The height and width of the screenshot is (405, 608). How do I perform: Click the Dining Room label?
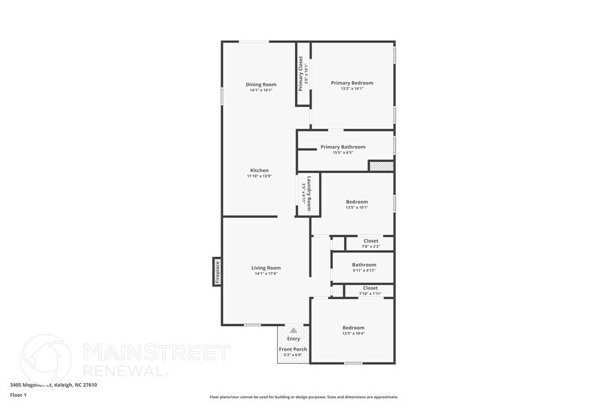pyautogui.click(x=261, y=85)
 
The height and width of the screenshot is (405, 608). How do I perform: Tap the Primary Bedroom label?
pyautogui.click(x=352, y=83)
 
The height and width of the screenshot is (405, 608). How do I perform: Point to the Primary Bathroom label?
pyautogui.click(x=343, y=147)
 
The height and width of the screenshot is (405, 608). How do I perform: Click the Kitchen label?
pyautogui.click(x=259, y=170)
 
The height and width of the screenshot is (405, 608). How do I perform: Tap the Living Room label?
pyautogui.click(x=265, y=268)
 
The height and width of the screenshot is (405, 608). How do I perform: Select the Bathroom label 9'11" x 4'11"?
pyautogui.click(x=363, y=264)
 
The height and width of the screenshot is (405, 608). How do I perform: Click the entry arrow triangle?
pyautogui.click(x=293, y=331)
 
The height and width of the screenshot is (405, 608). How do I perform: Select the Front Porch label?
pyautogui.click(x=293, y=349)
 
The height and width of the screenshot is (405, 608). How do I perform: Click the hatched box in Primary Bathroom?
pyautogui.click(x=381, y=166)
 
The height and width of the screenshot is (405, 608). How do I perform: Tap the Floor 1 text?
pyautogui.click(x=18, y=395)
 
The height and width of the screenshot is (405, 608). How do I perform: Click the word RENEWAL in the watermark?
pyautogui.click(x=124, y=371)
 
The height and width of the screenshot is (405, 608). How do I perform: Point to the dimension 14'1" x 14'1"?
pyautogui.click(x=261, y=90)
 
